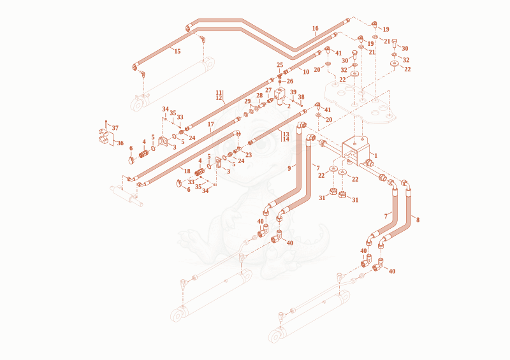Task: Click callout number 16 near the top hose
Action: point(315,28)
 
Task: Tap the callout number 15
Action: point(177,52)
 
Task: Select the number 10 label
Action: point(306,72)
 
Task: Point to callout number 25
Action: point(280,65)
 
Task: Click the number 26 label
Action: point(290,82)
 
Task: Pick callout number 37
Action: point(115,128)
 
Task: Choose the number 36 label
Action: point(120,143)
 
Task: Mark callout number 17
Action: point(211,124)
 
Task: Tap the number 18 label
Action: point(187,171)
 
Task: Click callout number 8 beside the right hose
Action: point(418,220)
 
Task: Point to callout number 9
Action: point(289,168)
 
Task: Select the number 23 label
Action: point(249,155)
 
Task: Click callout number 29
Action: point(247,101)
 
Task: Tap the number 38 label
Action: point(301,97)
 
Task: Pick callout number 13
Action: point(286,134)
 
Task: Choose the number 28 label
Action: point(259,96)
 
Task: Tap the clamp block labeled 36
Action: point(104,136)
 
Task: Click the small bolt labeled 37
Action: point(106,124)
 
